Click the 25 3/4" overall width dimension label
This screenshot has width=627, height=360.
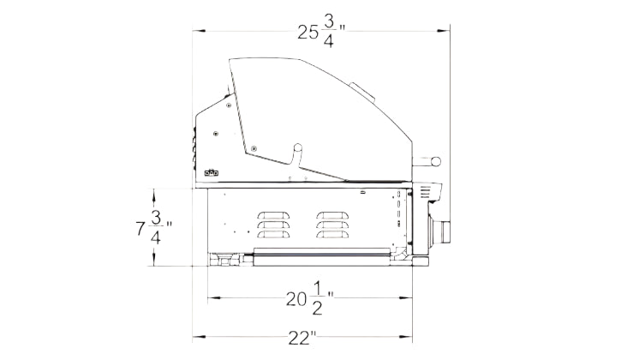pyautogui.click(x=321, y=33)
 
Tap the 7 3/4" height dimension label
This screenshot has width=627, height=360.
pyautogui.click(x=154, y=228)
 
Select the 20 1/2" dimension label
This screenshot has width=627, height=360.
pyautogui.click(x=310, y=298)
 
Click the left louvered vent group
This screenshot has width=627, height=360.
pyautogui.click(x=273, y=225)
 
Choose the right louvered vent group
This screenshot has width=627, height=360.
pyautogui.click(x=332, y=225)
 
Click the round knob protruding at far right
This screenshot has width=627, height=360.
pyautogui.click(x=435, y=162)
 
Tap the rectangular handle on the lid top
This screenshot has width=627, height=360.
pyautogui.click(x=361, y=92)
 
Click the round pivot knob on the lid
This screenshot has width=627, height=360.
pyautogui.click(x=298, y=147)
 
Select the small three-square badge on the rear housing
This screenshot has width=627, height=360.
pyautogui.click(x=211, y=173)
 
